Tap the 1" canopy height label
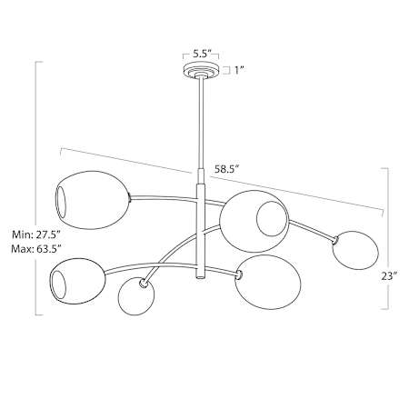(x=239, y=70)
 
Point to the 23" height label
(x=389, y=276)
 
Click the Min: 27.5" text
(x=36, y=234)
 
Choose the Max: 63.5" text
(x=36, y=249)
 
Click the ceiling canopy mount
(x=200, y=71)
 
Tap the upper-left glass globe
(x=93, y=200)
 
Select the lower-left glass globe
(x=77, y=282)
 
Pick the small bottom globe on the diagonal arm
(x=136, y=295)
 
